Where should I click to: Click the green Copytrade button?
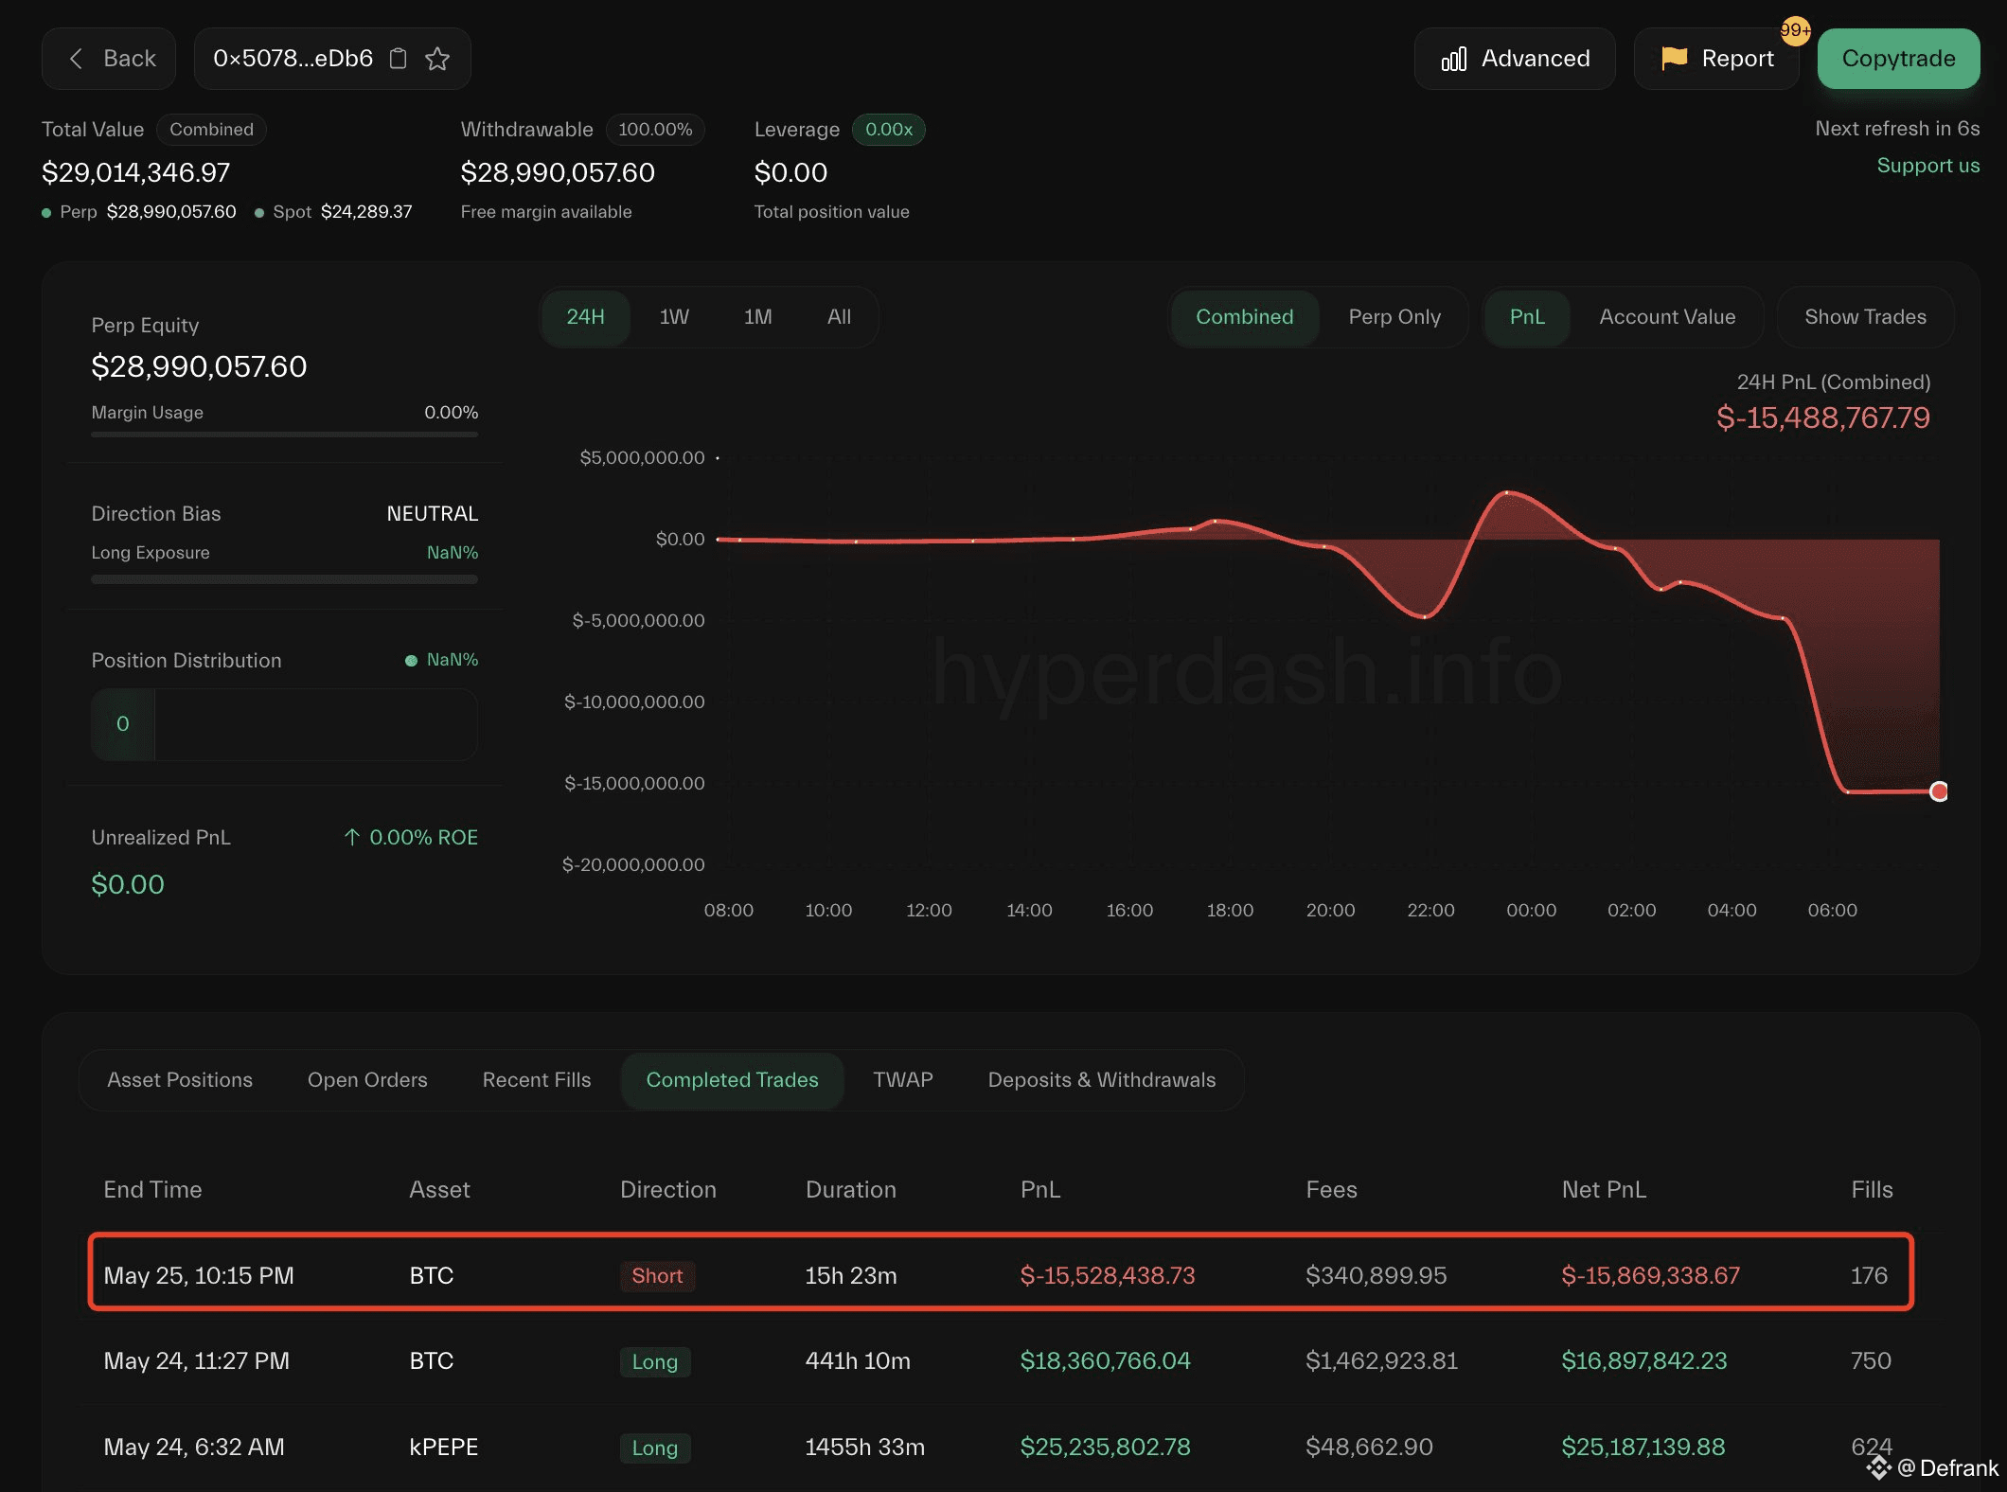pyautogui.click(x=1898, y=59)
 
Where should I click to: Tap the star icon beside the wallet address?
pyautogui.click(x=437, y=59)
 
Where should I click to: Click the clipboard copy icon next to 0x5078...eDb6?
pyautogui.click(x=399, y=59)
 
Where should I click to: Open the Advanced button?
pyautogui.click(x=1515, y=59)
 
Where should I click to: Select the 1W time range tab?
pyautogui.click(x=674, y=317)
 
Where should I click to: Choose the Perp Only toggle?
pyautogui.click(x=1394, y=317)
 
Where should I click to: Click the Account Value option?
pyautogui.click(x=1666, y=317)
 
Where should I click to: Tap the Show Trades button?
pyautogui.click(x=1865, y=317)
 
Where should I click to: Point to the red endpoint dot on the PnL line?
pyautogui.click(x=1939, y=791)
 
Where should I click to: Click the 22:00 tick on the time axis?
pyautogui.click(x=1430, y=910)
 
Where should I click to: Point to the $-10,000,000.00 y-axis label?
pyautogui.click(x=634, y=702)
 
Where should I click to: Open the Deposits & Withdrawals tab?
pyautogui.click(x=1101, y=1080)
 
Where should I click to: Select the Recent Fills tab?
pyautogui.click(x=536, y=1080)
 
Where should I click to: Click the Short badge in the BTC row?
pyautogui.click(x=657, y=1276)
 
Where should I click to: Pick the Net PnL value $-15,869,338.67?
pyautogui.click(x=1650, y=1276)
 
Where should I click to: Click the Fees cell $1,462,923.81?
pyautogui.click(x=1381, y=1361)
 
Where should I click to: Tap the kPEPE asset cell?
pyautogui.click(x=443, y=1448)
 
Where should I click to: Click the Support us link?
pyautogui.click(x=1927, y=166)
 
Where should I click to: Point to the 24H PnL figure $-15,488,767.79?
pyautogui.click(x=1822, y=417)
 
